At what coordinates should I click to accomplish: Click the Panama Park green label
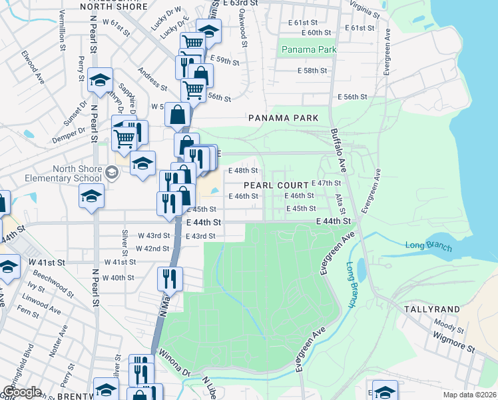point(308,50)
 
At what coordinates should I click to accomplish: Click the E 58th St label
point(312,70)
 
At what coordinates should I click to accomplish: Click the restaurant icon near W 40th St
point(170,279)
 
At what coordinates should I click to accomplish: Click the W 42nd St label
point(152,249)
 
